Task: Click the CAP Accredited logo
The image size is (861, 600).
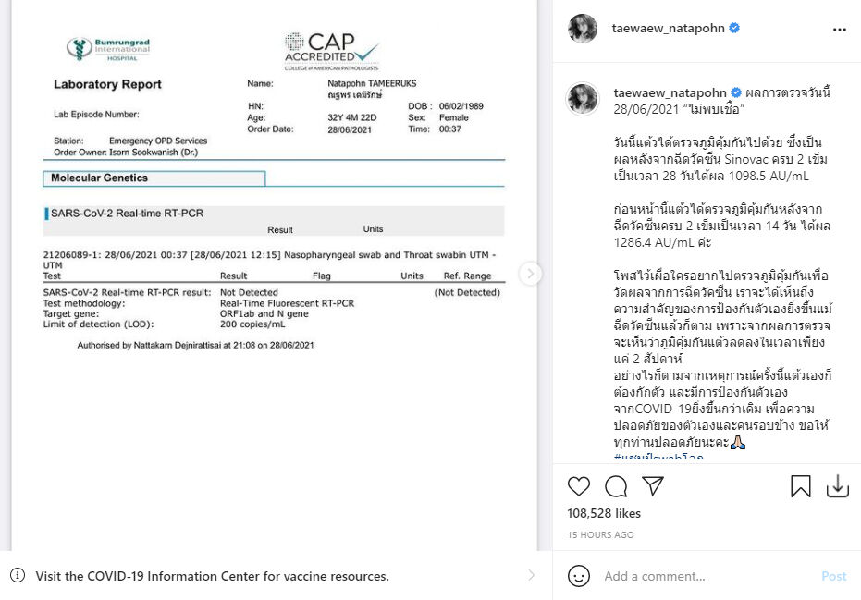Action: [x=332, y=50]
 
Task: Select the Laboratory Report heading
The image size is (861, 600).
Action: [x=107, y=84]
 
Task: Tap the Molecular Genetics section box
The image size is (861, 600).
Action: [x=154, y=178]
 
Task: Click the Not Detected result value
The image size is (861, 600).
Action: [x=249, y=293]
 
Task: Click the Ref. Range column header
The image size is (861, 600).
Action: [x=467, y=276]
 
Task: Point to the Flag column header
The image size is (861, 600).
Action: [x=322, y=276]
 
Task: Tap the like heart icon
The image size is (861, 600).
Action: [x=578, y=486]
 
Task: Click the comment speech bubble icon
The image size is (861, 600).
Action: [x=615, y=486]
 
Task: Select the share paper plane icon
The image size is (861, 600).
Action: [x=653, y=486]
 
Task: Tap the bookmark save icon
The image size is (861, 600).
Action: [x=800, y=486]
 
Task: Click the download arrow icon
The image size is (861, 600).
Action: [x=837, y=486]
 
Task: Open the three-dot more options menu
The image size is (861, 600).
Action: [x=839, y=29]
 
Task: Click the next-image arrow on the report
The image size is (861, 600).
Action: [x=530, y=273]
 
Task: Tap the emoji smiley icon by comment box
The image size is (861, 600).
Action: [x=579, y=576]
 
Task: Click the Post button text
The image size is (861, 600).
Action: [x=833, y=576]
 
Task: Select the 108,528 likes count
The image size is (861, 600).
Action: [x=603, y=512]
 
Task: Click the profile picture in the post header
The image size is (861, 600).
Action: [x=583, y=29]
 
